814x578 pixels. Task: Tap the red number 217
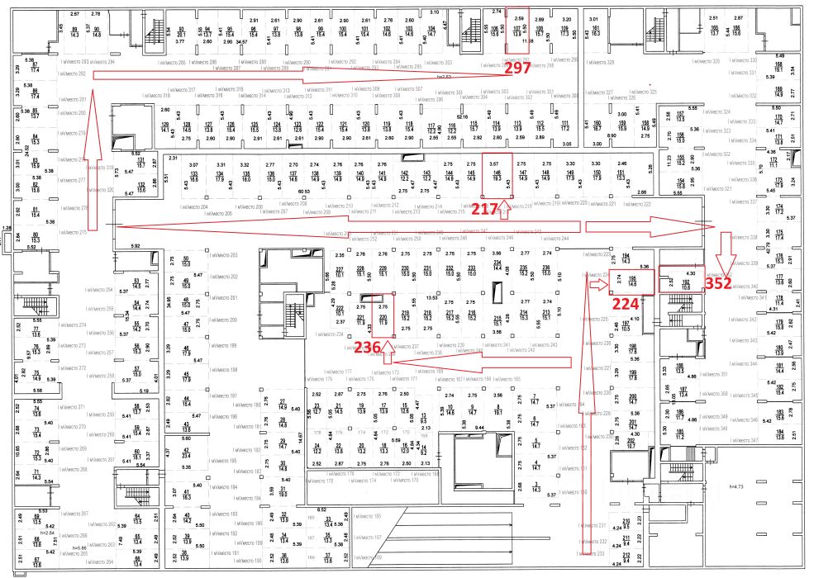click(x=486, y=211)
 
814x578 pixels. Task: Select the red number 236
click(x=368, y=348)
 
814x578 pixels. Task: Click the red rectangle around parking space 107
click(x=517, y=31)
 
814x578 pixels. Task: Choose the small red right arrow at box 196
click(x=597, y=283)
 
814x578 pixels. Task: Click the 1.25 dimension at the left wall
click(x=7, y=227)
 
